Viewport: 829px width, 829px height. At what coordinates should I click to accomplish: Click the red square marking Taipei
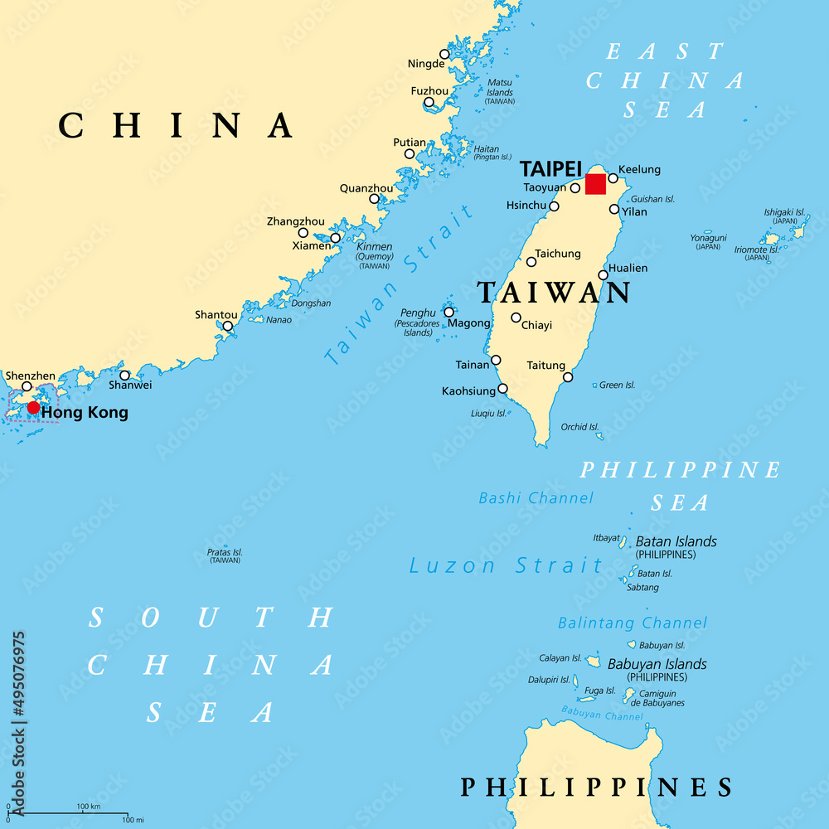[595, 184]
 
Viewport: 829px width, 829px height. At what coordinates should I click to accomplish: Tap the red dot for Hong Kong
[33, 407]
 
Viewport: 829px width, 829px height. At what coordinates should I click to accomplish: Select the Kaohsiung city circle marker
[502, 388]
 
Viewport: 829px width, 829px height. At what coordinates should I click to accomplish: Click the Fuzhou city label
[429, 90]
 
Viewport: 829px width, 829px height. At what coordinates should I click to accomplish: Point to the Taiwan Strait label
[398, 284]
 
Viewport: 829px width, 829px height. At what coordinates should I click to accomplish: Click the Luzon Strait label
[507, 566]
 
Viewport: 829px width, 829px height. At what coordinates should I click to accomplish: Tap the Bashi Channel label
[536, 498]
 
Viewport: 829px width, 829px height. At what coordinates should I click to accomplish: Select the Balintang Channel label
[633, 623]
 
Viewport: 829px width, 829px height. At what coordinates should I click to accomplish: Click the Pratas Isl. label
[225, 551]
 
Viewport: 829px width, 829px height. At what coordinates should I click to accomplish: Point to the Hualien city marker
[604, 275]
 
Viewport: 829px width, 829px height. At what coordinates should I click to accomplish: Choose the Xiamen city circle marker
[335, 238]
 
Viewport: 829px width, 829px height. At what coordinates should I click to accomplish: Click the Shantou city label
[216, 315]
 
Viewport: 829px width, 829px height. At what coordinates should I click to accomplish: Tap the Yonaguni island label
[708, 238]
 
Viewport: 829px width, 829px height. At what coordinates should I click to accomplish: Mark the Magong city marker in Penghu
[448, 313]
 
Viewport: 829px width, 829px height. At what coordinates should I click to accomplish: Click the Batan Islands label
[676, 541]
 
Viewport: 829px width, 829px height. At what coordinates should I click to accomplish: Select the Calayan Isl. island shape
[593, 661]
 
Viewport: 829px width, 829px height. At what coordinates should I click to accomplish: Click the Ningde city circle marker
[444, 54]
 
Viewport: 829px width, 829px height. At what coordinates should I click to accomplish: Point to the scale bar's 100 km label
[88, 807]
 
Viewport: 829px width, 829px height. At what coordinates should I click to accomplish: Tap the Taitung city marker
[568, 377]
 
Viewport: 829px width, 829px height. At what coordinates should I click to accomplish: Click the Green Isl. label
[617, 385]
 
